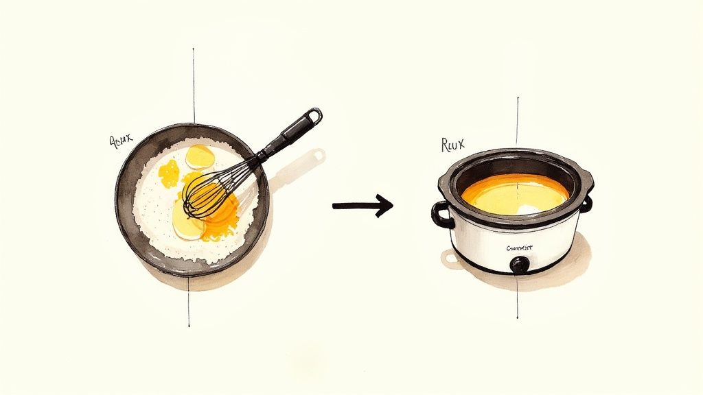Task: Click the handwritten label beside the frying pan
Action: pos(121,142)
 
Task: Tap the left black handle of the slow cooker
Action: pos(441,215)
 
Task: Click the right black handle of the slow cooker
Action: pos(587,204)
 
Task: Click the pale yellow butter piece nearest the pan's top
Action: pos(200,157)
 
